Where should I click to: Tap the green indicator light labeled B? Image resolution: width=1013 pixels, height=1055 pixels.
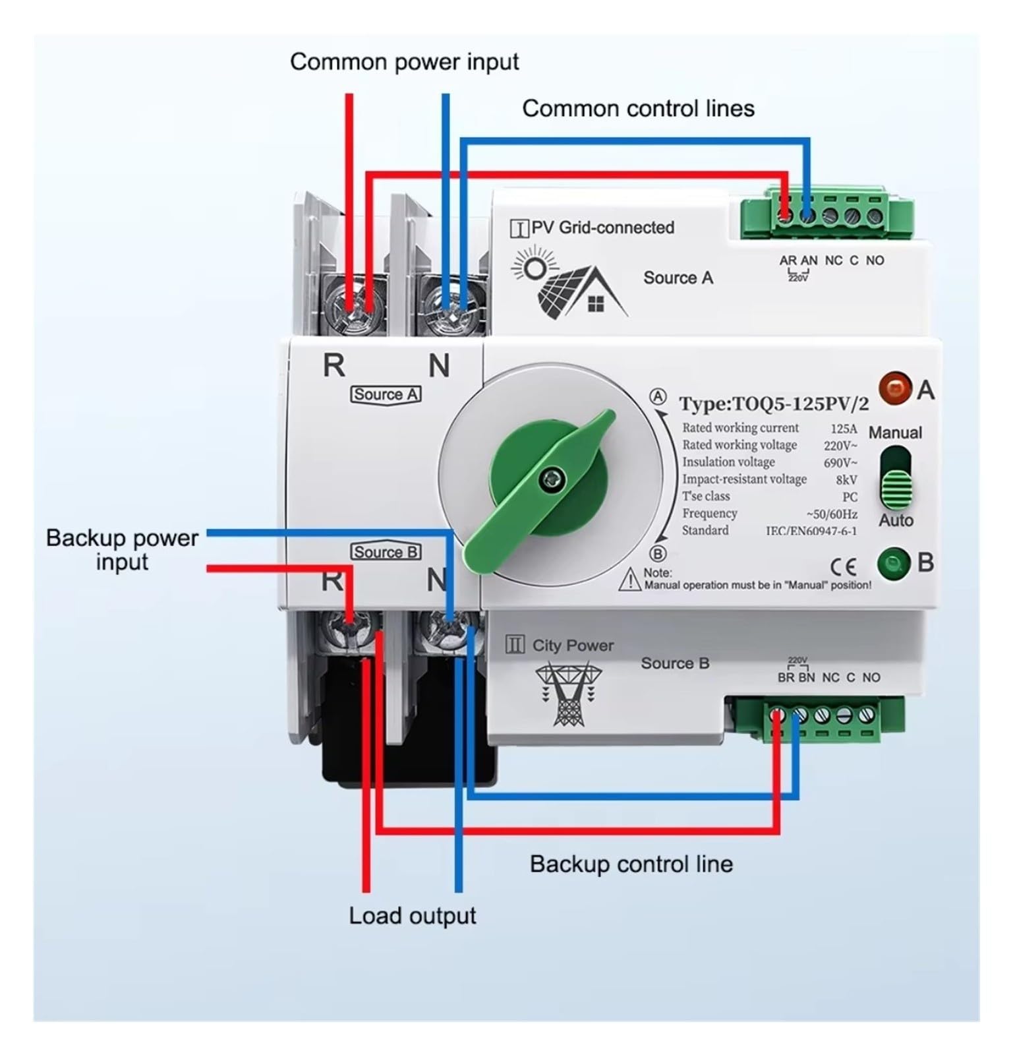(893, 564)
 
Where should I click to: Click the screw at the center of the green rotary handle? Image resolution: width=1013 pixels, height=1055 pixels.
(547, 479)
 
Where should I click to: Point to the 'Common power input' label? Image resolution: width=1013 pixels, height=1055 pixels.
(404, 62)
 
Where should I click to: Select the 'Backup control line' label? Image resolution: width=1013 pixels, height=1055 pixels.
(631, 864)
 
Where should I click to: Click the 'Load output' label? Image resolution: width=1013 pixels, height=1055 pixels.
(413, 916)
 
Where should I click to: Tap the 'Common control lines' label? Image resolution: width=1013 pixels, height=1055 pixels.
(638, 108)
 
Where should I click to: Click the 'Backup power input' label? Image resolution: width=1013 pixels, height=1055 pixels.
(122, 550)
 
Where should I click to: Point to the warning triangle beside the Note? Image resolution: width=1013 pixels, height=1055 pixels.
(631, 580)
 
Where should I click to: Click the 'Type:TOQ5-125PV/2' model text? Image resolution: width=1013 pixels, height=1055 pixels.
(774, 404)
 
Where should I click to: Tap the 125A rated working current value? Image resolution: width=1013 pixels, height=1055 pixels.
(844, 429)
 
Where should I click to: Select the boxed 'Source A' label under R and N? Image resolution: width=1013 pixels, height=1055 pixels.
(386, 394)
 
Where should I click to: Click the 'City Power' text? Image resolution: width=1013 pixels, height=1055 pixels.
(573, 646)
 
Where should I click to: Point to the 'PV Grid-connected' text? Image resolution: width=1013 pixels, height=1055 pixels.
(603, 227)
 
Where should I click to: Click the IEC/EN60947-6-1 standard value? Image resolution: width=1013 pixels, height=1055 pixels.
(811, 531)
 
